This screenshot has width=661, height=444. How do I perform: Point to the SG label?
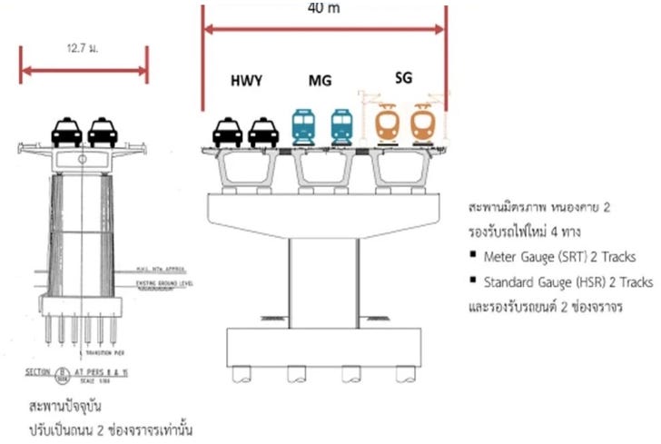(403, 78)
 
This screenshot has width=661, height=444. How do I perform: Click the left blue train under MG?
(303, 126)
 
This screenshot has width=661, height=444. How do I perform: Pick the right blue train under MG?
(340, 126)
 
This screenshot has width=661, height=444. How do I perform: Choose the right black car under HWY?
(261, 132)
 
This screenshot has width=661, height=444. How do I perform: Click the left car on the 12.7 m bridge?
(65, 133)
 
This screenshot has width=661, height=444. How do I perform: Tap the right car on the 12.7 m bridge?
(102, 133)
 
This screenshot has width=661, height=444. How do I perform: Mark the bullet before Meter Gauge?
(473, 256)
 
